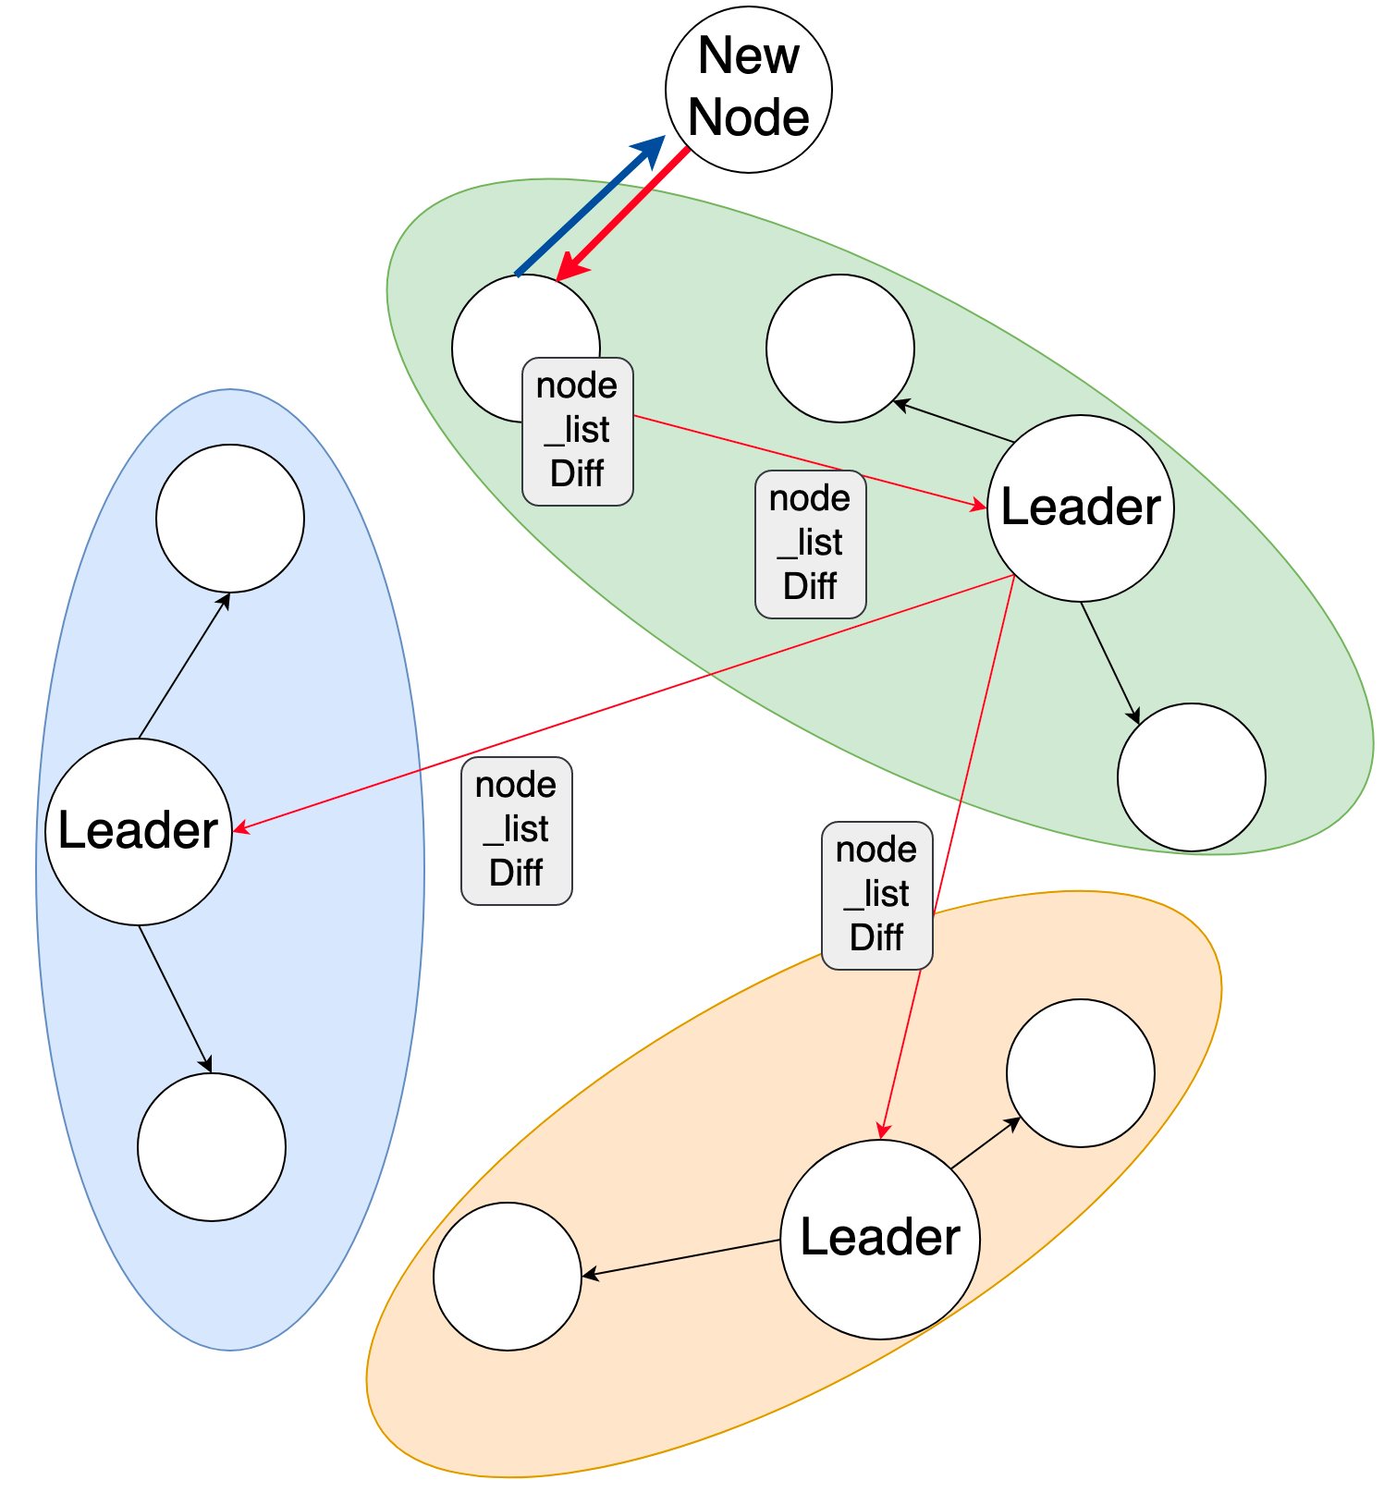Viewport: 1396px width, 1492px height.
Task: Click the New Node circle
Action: (749, 90)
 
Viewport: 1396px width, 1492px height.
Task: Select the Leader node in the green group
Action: (1081, 508)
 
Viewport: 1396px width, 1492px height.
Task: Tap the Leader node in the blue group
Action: (139, 832)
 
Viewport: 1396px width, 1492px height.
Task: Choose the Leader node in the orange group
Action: (880, 1240)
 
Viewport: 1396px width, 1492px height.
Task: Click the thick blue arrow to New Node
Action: (590, 205)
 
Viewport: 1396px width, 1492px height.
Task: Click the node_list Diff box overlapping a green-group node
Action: (578, 432)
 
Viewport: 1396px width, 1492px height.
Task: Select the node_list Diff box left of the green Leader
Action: (811, 544)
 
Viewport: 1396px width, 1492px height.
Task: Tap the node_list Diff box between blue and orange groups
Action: (517, 831)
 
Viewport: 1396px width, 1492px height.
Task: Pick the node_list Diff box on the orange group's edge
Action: (877, 896)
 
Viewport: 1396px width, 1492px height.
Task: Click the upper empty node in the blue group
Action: (230, 519)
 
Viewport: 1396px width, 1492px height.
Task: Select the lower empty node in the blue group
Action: (212, 1147)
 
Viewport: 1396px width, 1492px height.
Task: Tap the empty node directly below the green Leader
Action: (1192, 777)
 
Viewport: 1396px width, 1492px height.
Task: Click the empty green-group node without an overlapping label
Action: (840, 349)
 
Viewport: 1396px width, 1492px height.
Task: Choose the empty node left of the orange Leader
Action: (508, 1277)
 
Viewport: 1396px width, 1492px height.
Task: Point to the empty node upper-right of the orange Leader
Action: (1081, 1073)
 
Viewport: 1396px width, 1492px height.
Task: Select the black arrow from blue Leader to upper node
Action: (184, 666)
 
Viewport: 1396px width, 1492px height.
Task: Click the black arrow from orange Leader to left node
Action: (681, 1258)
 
